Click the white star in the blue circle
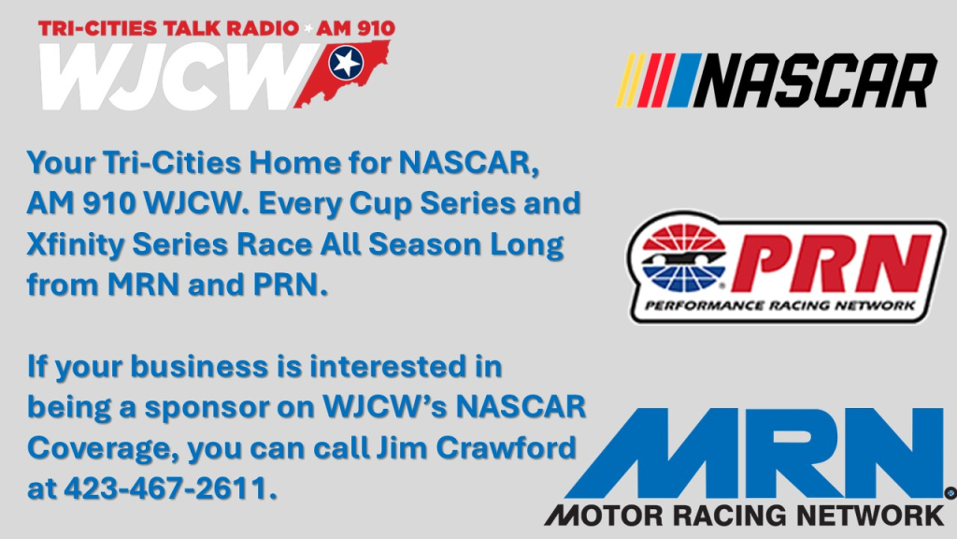[x=346, y=63]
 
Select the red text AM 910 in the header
[x=356, y=28]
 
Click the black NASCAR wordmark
[x=815, y=80]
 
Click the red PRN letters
[x=830, y=263]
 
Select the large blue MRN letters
[x=755, y=453]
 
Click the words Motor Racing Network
[x=745, y=516]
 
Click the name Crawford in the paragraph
[x=506, y=448]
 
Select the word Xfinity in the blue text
[x=76, y=245]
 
